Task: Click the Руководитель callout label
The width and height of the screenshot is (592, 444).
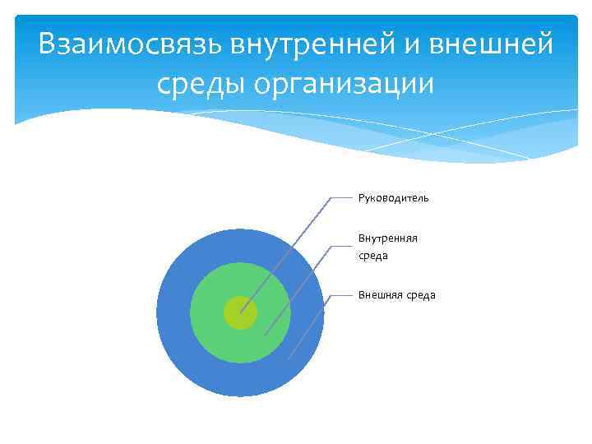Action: click(x=393, y=198)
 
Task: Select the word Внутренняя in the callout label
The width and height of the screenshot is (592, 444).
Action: click(x=387, y=238)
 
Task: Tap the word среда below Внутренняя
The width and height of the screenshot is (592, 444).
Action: click(x=372, y=256)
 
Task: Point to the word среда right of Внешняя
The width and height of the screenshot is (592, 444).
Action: click(x=420, y=295)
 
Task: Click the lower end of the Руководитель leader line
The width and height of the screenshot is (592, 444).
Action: click(x=241, y=312)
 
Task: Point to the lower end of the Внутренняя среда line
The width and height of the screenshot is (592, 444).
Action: click(x=265, y=335)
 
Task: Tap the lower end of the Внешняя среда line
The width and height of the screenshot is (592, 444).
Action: click(x=289, y=358)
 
